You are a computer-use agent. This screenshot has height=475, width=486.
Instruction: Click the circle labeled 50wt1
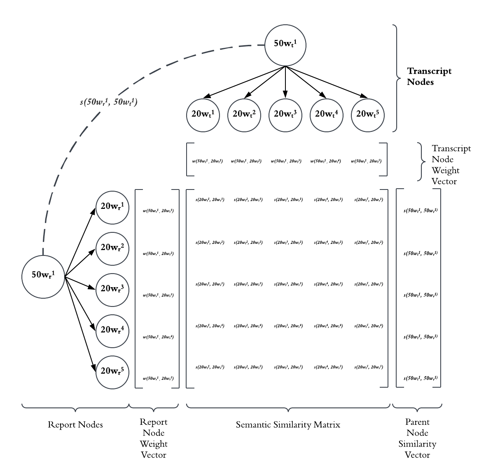pos(285,44)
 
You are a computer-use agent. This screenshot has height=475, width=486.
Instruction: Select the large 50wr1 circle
pos(43,276)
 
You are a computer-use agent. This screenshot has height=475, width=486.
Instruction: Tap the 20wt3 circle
pos(285,115)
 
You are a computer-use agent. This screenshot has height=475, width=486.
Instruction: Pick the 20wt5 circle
pos(367,115)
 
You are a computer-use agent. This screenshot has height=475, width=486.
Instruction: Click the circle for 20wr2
pos(112,248)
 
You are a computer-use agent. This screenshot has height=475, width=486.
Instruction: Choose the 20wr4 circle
pos(112,331)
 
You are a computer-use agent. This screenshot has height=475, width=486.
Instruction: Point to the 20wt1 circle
pos(203,115)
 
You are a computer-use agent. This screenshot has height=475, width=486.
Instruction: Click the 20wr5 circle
pos(112,372)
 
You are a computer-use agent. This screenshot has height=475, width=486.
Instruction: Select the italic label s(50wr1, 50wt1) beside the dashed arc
pos(108,102)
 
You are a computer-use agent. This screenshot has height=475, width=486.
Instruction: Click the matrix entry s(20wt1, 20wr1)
pos(210,200)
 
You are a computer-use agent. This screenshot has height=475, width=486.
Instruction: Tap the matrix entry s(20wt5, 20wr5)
pos(369,367)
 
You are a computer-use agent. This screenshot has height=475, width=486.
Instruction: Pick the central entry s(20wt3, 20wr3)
pos(288,284)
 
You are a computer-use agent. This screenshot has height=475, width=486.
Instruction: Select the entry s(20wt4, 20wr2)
pos(328,243)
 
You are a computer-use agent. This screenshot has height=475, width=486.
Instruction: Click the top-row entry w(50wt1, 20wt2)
pos(246,161)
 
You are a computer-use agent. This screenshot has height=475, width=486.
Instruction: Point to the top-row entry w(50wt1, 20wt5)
pos(366,161)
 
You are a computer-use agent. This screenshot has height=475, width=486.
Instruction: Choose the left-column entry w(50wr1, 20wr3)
pos(158,295)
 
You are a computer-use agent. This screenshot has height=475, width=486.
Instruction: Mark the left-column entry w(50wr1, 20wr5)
pos(158,379)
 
